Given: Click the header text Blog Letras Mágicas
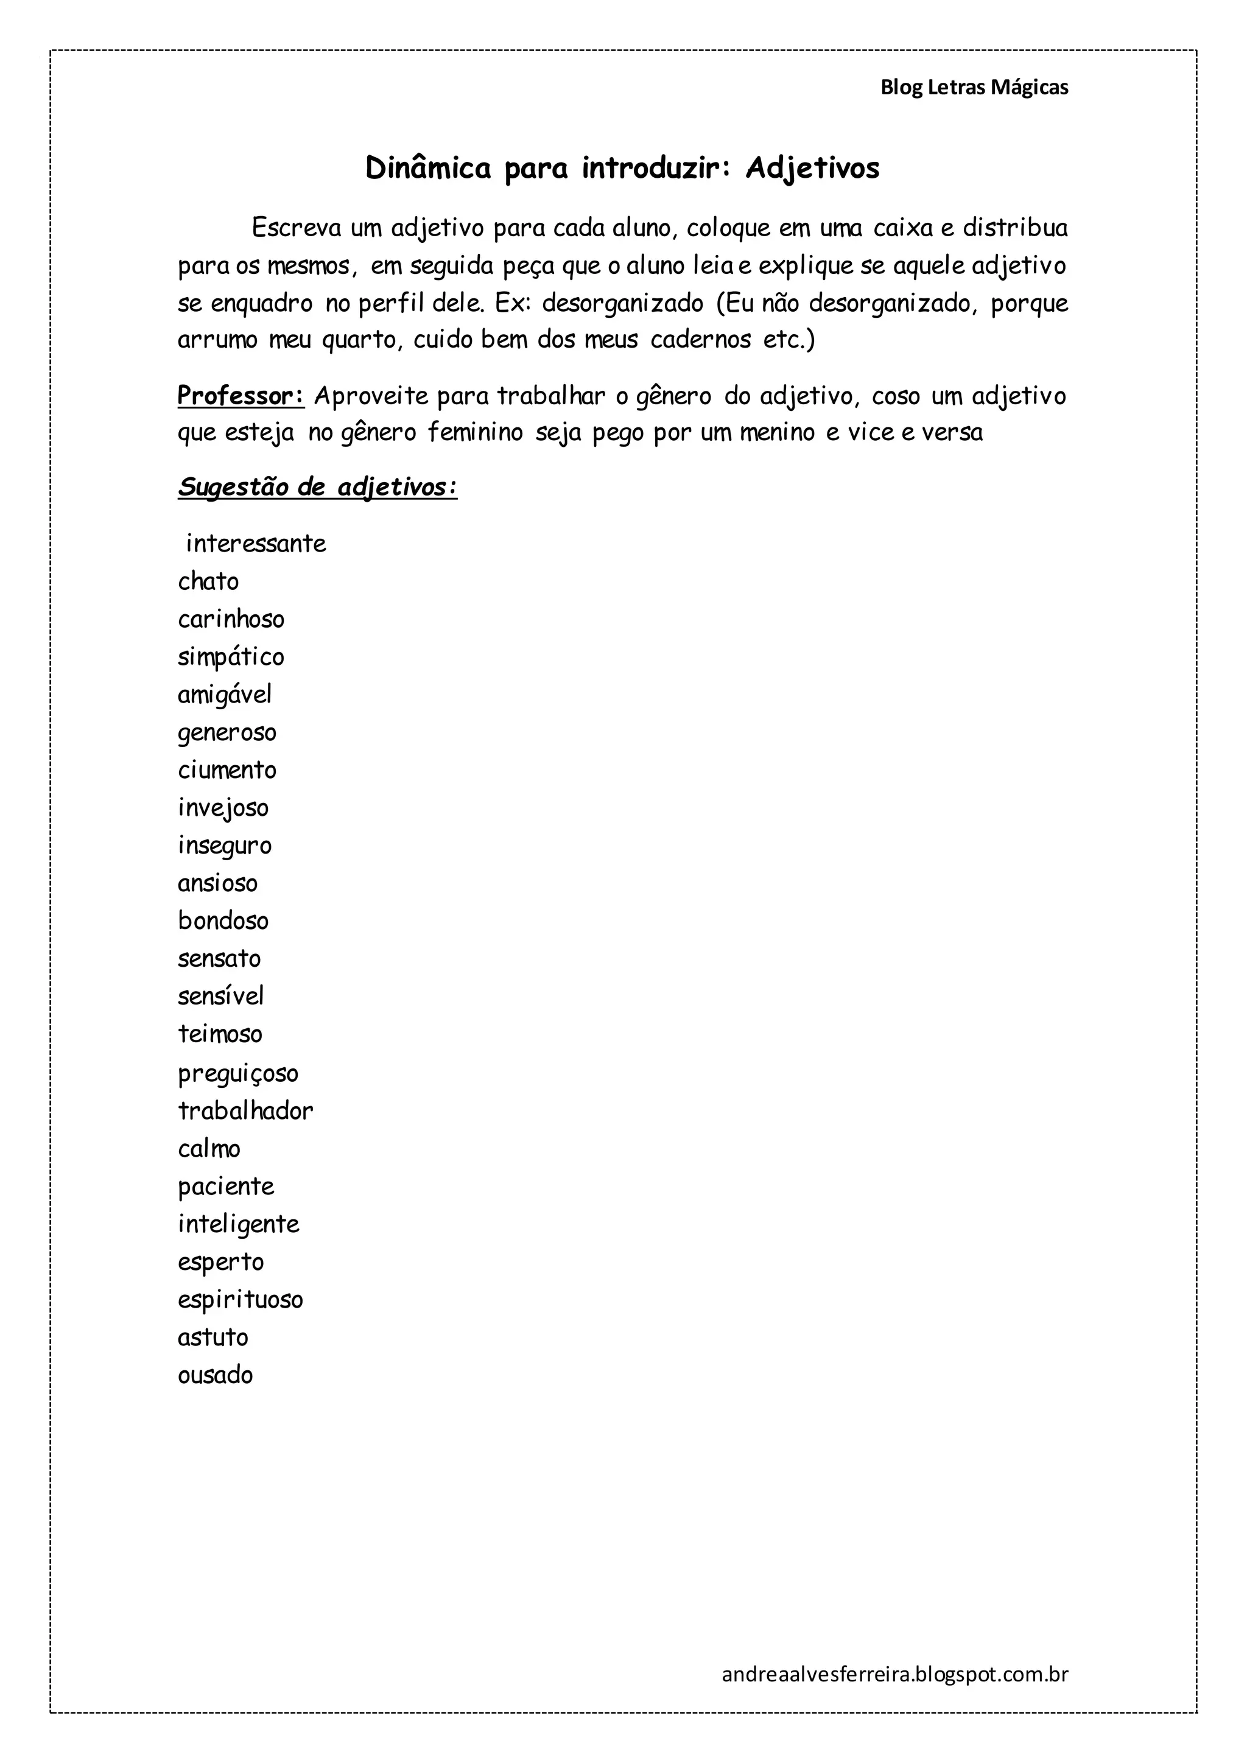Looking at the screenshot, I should tap(974, 88).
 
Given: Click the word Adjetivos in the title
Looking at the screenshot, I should tap(812, 168).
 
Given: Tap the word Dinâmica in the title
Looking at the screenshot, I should tap(427, 168).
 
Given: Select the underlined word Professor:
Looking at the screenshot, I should tap(241, 396).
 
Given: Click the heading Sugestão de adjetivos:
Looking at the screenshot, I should tap(317, 487).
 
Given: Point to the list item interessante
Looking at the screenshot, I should tap(256, 544).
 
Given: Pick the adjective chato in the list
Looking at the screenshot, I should tap(208, 581).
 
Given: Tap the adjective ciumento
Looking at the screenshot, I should tap(227, 770).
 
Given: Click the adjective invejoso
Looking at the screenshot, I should tap(223, 808).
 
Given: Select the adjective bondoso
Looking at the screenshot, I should tap(223, 920).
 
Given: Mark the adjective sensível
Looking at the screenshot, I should tap(221, 996).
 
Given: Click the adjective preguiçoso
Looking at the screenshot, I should tap(238, 1073).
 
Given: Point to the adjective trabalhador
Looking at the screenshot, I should tap(246, 1110).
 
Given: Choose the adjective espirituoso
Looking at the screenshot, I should tap(241, 1300).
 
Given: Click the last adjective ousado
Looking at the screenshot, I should tap(215, 1375).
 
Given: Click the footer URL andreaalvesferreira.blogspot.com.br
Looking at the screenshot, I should tap(894, 1674).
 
